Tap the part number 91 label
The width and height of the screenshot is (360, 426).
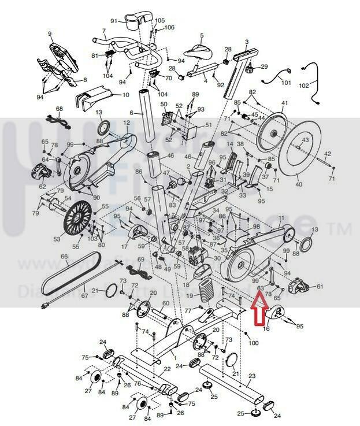click(x=114, y=22)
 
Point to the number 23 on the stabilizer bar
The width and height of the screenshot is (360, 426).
click(x=251, y=376)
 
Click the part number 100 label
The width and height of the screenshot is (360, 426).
click(x=254, y=343)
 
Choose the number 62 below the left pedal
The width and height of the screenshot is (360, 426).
click(x=42, y=186)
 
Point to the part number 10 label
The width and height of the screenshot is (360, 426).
click(x=126, y=95)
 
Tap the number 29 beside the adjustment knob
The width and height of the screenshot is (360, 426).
click(x=265, y=67)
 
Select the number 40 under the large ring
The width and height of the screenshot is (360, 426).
click(x=298, y=185)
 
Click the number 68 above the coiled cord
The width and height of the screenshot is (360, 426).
click(x=59, y=109)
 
